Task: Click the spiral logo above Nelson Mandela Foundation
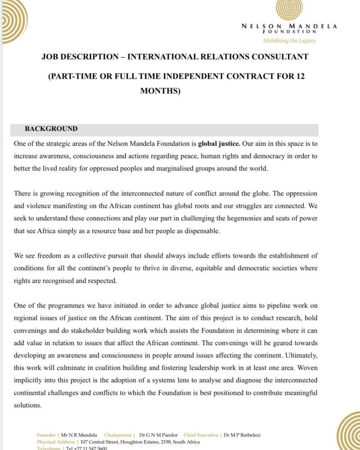click(x=289, y=9)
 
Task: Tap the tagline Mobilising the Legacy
click(x=289, y=40)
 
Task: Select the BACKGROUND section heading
click(x=51, y=129)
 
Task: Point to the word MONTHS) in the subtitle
click(x=160, y=90)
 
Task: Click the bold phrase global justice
click(x=219, y=144)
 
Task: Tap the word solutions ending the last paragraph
click(x=27, y=405)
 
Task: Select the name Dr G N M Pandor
click(x=158, y=435)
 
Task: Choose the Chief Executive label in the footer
click(x=201, y=435)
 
